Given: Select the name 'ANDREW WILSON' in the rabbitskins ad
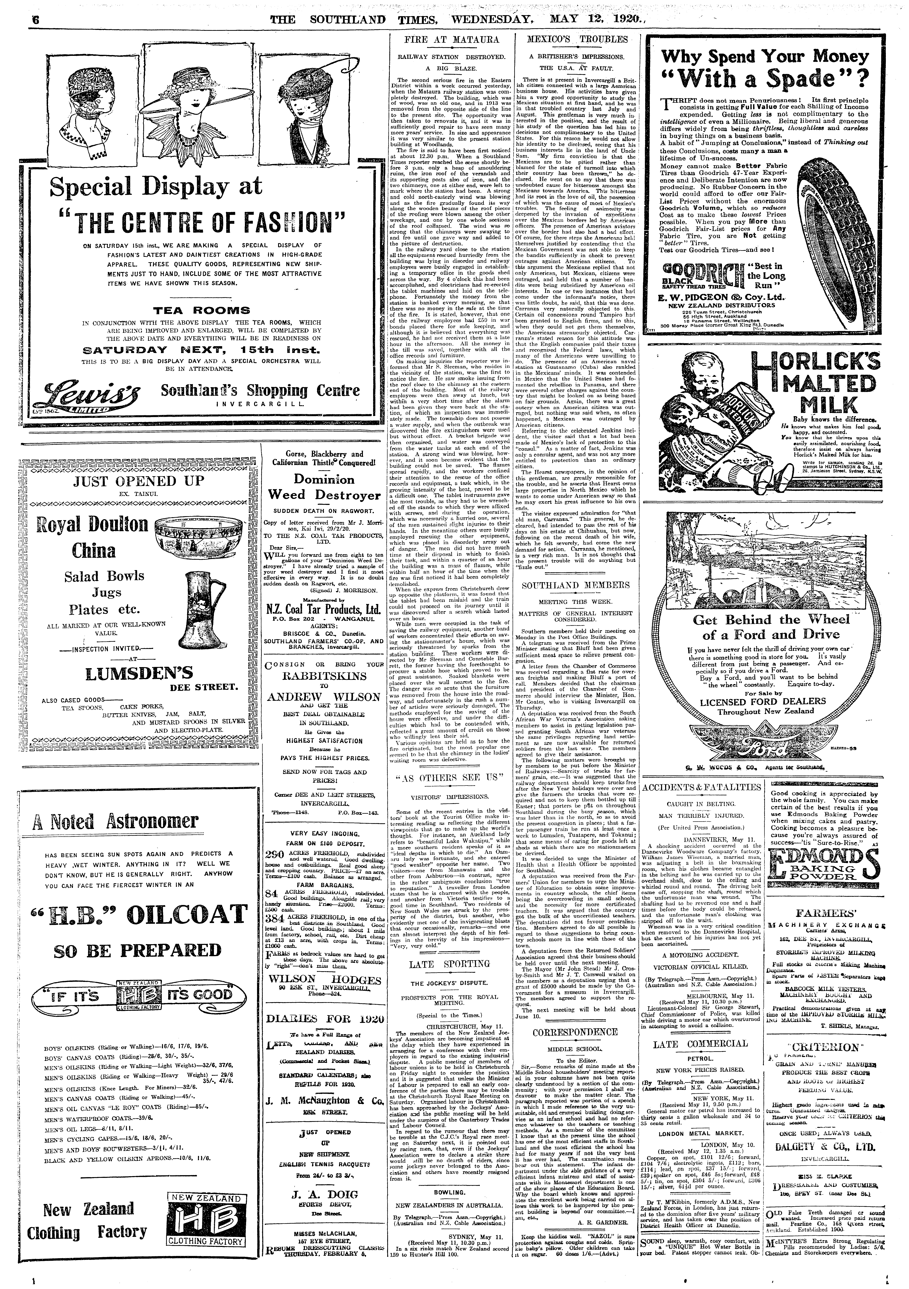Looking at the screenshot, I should pyautogui.click(x=323, y=697).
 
